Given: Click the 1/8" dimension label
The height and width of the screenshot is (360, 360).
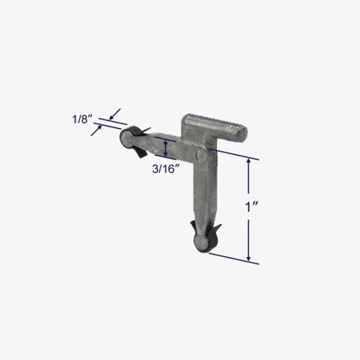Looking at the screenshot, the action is (x=83, y=119).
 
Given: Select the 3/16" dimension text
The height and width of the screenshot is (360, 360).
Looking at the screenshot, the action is (x=166, y=169).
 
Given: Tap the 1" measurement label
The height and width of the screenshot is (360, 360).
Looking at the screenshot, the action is (x=252, y=207).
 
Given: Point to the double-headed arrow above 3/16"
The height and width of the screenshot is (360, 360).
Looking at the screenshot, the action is (x=165, y=149).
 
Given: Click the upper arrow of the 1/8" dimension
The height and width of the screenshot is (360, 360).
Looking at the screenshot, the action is (x=115, y=114).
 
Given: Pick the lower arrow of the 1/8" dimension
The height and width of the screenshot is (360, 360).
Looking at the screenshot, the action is (x=96, y=130).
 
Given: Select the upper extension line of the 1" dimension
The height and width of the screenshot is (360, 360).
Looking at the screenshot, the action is (x=234, y=154).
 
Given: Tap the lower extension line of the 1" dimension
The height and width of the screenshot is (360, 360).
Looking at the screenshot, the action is (x=234, y=259).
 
